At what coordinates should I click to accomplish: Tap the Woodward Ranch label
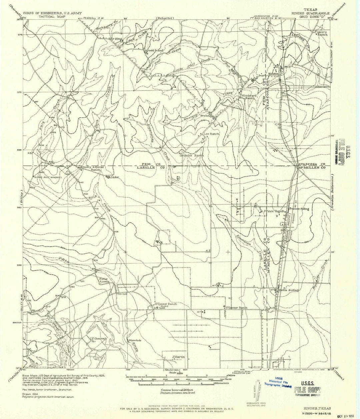pyautogui.click(x=248, y=96)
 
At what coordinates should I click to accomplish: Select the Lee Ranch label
pyautogui.click(x=211, y=134)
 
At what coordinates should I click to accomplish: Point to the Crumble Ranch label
pyautogui.click(x=192, y=155)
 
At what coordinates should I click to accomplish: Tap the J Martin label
pyautogui.click(x=178, y=357)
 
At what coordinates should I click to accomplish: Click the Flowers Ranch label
pyautogui.click(x=322, y=33)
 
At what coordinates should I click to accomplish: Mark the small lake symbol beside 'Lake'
pyautogui.click(x=108, y=177)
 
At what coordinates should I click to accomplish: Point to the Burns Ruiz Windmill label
pyautogui.click(x=50, y=177)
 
